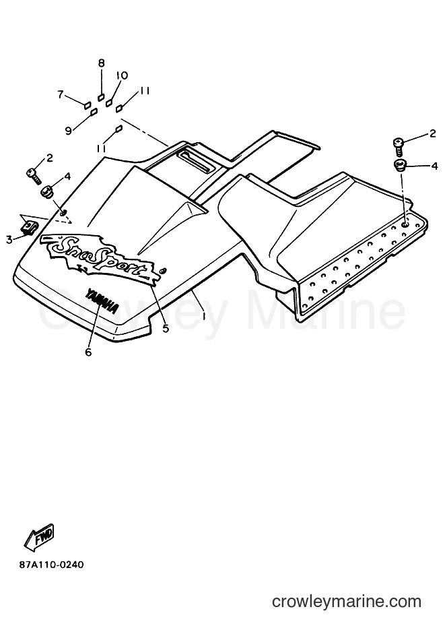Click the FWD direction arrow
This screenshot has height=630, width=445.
39,538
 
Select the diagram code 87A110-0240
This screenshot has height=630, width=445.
52,565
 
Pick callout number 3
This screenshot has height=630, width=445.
9,240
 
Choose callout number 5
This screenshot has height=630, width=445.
166,328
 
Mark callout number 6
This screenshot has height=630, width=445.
88,352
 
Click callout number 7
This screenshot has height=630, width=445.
61,94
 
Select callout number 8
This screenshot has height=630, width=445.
101,63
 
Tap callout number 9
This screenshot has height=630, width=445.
69,131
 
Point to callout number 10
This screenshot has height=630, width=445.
122,75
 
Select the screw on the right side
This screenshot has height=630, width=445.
398,147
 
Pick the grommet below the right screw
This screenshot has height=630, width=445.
400,165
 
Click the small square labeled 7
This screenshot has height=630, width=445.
87,105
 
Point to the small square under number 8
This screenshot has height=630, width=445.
102,98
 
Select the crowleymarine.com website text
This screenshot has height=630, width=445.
346,602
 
